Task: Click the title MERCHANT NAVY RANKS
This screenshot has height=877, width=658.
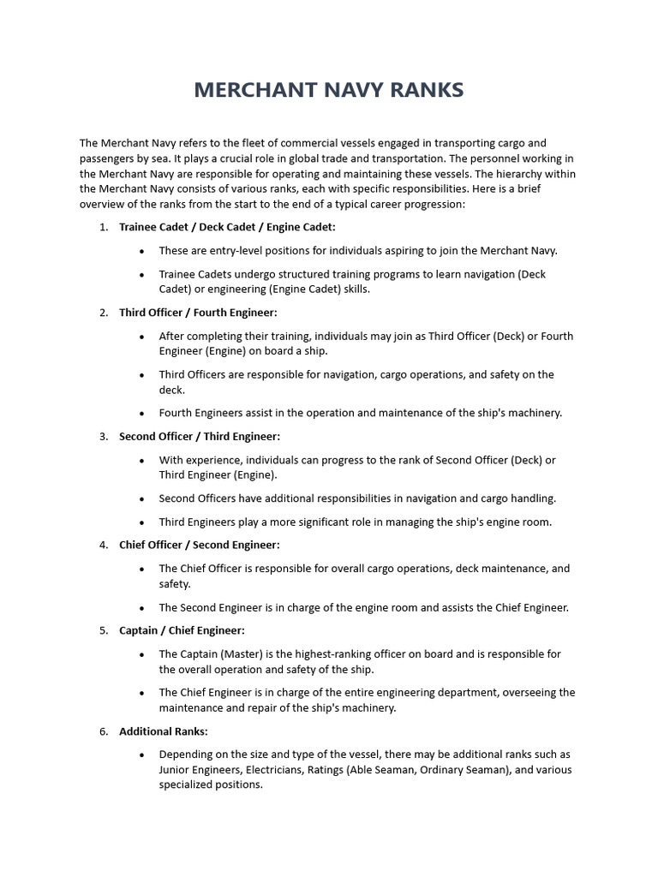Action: [x=329, y=89]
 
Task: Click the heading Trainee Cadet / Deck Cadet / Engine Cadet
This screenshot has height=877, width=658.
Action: [x=227, y=227]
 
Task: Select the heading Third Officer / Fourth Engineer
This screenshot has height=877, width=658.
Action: [x=198, y=313]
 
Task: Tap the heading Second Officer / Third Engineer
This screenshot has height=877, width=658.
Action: [x=200, y=436]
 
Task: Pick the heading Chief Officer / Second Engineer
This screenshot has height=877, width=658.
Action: [x=199, y=545]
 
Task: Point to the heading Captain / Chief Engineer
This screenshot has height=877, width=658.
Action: [x=182, y=630]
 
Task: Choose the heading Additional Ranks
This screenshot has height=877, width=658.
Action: [x=163, y=731]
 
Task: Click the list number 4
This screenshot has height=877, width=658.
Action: [x=103, y=545]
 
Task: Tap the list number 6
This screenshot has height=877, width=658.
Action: [x=103, y=731]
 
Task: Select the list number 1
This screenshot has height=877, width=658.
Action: [x=103, y=227]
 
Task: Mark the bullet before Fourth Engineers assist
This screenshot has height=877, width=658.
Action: [x=141, y=413]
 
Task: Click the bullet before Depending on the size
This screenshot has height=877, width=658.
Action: [x=141, y=755]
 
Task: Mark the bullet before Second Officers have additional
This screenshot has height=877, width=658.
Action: [x=141, y=498]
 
